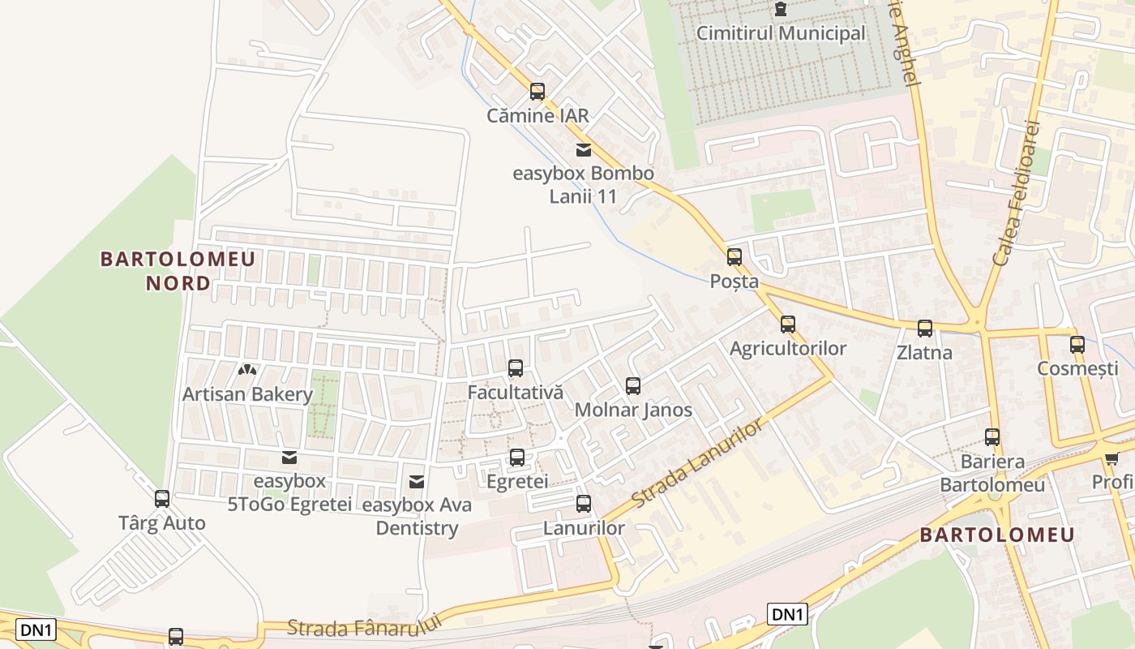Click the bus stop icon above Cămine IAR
537,92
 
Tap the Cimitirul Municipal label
782,34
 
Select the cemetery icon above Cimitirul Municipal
781,9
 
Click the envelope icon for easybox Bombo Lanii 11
583,149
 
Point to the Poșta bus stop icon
735,257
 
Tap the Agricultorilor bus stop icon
788,324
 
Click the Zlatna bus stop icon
925,329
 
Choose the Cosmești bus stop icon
1077,344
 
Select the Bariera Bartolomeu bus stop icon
992,437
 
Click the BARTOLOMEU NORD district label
178,271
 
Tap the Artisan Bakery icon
247,370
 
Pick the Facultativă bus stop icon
516,368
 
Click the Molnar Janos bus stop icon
633,386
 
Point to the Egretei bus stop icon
517,458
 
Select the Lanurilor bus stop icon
584,504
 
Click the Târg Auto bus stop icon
162,499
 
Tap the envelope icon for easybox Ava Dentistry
417,482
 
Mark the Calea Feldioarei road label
1017,192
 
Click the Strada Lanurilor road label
698,464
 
